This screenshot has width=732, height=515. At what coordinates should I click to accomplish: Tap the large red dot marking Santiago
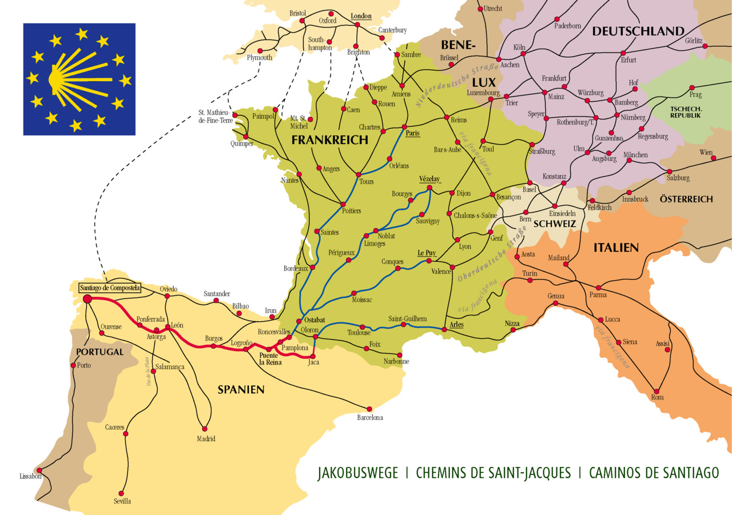coord(87,298)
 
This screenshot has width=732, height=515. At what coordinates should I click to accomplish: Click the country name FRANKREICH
coord(330,141)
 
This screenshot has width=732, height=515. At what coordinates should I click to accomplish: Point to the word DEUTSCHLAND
coord(638,31)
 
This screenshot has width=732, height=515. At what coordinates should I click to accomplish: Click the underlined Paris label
coord(413,133)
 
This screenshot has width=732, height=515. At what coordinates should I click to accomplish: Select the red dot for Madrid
coord(205,429)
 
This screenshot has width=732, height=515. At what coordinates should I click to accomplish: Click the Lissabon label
coord(30,476)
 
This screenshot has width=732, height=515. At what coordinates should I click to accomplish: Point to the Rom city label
coord(657,397)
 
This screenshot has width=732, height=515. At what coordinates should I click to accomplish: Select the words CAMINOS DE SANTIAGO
coord(653,473)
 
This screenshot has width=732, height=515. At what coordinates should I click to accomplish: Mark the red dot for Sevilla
coord(121,493)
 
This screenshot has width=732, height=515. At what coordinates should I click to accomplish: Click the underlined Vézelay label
coord(429,178)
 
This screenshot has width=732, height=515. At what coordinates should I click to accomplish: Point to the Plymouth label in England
coord(260,58)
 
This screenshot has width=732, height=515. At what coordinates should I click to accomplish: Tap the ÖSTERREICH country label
coord(686,199)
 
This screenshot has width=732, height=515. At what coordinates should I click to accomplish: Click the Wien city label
coord(706,153)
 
